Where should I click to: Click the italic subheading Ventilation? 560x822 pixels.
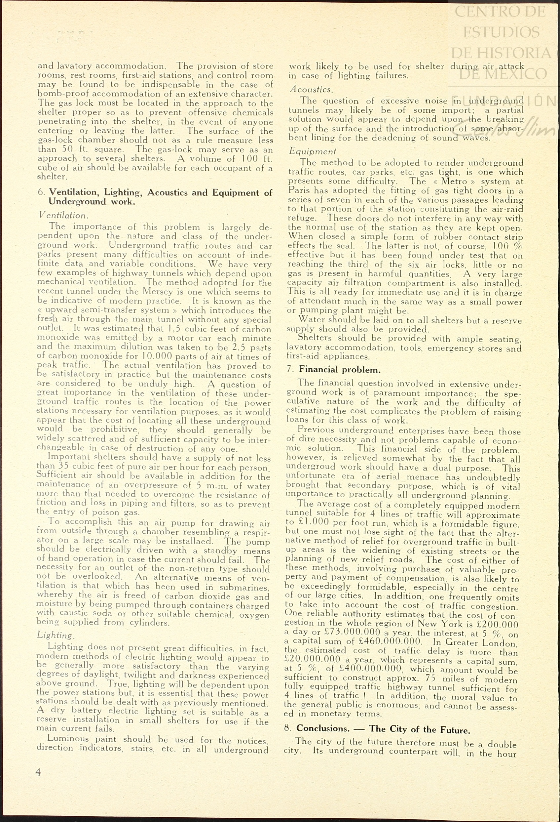point(63,215)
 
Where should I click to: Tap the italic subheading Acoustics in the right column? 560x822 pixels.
point(311,90)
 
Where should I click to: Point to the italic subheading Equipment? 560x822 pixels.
point(312,151)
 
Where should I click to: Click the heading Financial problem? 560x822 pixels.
point(340,370)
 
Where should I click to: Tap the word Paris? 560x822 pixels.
point(299,190)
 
